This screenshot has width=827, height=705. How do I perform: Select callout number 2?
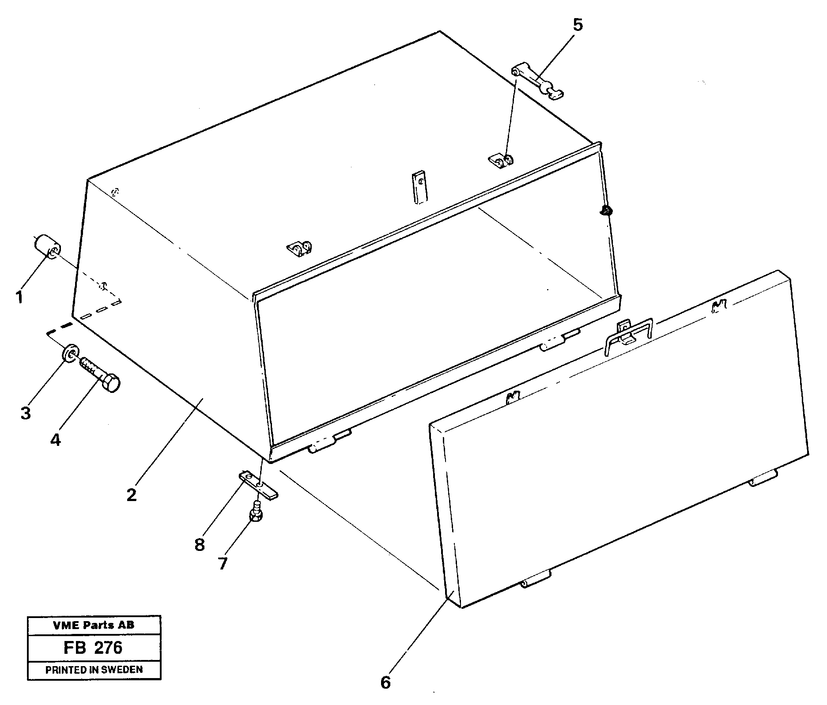click(132, 495)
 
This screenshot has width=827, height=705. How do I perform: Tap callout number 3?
click(26, 413)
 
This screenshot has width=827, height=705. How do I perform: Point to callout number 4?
click(55, 440)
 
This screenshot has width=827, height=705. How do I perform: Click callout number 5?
click(578, 25)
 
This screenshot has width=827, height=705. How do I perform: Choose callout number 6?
click(385, 683)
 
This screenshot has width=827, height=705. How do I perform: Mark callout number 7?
click(222, 563)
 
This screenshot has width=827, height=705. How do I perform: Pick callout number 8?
click(200, 545)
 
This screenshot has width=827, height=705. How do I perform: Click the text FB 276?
click(94, 648)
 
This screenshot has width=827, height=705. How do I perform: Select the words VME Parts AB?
click(94, 625)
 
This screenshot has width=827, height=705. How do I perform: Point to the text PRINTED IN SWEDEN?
click(94, 670)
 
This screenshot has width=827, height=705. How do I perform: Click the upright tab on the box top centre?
click(420, 187)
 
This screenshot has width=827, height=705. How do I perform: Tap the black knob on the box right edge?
click(606, 211)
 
